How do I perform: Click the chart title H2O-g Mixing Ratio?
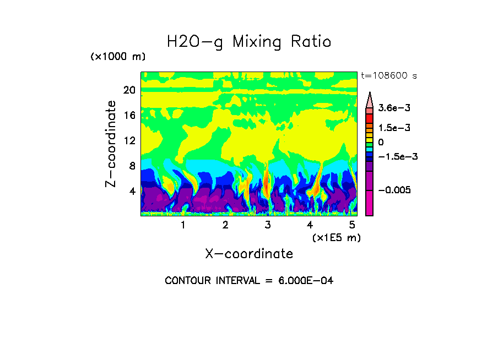coord(249,42)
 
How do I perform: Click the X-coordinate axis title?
coord(249,254)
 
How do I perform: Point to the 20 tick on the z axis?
coord(129,90)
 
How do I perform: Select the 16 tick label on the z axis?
coord(129,115)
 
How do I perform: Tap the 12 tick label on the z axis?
coord(129,140)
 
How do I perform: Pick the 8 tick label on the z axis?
coord(132,166)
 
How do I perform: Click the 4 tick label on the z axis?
coord(132,191)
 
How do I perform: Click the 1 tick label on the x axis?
coord(183,225)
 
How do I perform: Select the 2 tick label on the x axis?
coord(225,225)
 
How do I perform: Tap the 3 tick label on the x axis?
coord(268,225)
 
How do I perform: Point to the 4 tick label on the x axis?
coord(310,225)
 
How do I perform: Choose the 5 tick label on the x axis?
coord(352,225)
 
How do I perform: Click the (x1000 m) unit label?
coord(117,57)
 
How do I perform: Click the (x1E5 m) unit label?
coord(336,237)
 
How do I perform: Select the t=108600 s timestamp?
coord(388,75)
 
